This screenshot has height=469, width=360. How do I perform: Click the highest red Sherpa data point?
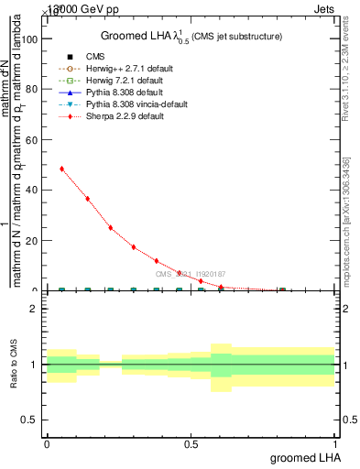point(61,169)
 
